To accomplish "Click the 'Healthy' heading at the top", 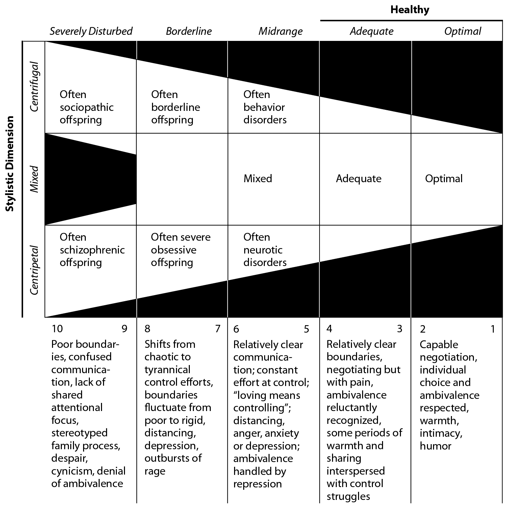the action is click(x=410, y=10).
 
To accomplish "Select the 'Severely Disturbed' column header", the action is click(x=91, y=31).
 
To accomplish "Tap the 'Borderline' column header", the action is click(x=189, y=31).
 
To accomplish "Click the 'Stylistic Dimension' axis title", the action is click(x=10, y=164).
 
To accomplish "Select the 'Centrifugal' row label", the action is click(x=34, y=87).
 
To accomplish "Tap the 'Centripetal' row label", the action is click(x=34, y=270).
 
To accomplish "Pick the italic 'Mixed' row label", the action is click(x=34, y=179).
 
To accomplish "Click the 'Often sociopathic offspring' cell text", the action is click(x=86, y=107).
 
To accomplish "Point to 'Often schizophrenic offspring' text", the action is click(x=92, y=250).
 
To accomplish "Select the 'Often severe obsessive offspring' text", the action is click(x=181, y=250).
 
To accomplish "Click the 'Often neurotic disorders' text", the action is click(x=265, y=250).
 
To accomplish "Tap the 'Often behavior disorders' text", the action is click(x=265, y=107).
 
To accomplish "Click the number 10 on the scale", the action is click(x=57, y=329).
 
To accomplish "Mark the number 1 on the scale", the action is click(x=493, y=329).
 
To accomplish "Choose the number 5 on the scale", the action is click(x=306, y=329).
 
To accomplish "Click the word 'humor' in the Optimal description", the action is click(x=435, y=446).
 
